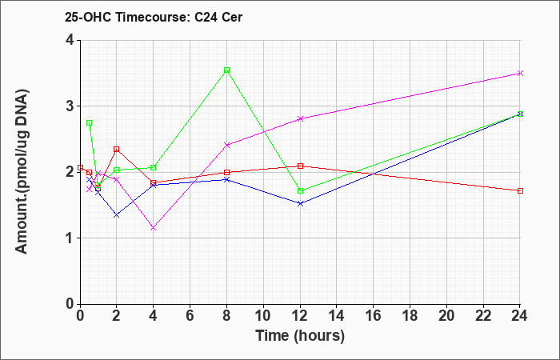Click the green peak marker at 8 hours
tap(226, 70)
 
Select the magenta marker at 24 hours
tap(520, 74)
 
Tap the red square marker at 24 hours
tap(520, 190)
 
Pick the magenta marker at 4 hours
tap(154, 228)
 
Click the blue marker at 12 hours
tap(300, 203)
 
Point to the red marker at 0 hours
tap(80, 167)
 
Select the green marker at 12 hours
tap(300, 190)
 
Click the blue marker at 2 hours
tap(117, 215)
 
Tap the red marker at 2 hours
tap(117, 150)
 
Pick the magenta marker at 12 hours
tap(300, 119)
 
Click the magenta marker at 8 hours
tap(226, 145)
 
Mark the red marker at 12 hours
tap(300, 166)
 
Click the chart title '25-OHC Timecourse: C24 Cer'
tap(154, 17)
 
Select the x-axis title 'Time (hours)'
tap(300, 336)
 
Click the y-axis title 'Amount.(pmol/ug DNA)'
tap(22, 172)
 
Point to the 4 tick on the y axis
tap(70, 40)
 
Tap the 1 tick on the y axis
tap(70, 238)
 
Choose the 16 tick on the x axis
tap(374, 316)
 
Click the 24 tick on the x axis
tap(519, 316)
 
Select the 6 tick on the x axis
tap(190, 316)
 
